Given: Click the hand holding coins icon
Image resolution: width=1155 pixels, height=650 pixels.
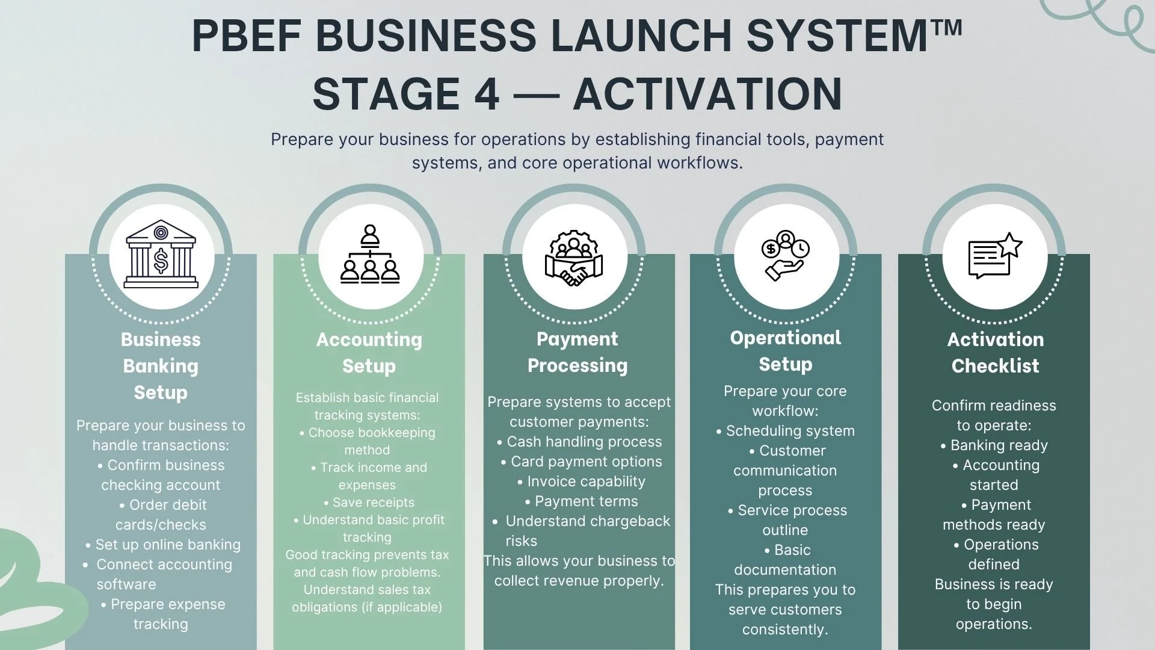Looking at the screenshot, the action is pyautogui.click(x=785, y=255).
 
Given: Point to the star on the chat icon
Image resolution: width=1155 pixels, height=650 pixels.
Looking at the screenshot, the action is pyautogui.click(x=1010, y=245).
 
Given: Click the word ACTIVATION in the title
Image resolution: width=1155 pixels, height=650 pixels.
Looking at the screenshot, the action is pyautogui.click(x=707, y=94).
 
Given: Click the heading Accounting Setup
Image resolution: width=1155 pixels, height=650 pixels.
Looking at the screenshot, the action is pyautogui.click(x=369, y=353).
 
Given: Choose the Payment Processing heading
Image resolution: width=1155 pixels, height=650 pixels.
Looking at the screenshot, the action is pyautogui.click(x=577, y=352).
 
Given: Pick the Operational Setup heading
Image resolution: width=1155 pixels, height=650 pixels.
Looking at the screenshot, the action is pyautogui.click(x=785, y=351).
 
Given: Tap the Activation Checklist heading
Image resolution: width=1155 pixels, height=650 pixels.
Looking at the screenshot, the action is pyautogui.click(x=995, y=353).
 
